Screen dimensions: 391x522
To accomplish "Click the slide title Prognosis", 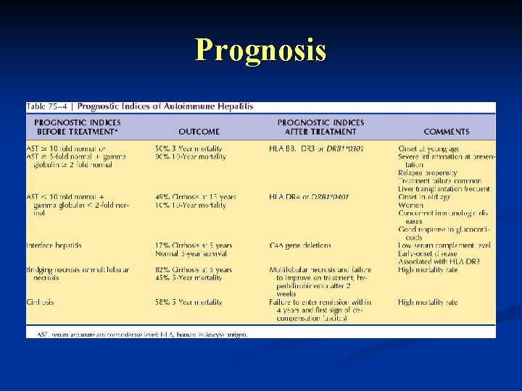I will [260, 50].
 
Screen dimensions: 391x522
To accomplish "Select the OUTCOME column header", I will [199, 132].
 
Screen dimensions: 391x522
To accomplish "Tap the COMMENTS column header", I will [446, 132].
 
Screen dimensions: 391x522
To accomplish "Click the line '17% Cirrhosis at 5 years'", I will [194, 245].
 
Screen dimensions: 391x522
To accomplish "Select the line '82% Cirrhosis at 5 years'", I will [194, 270].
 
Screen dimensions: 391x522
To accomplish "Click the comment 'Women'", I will [412, 206].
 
